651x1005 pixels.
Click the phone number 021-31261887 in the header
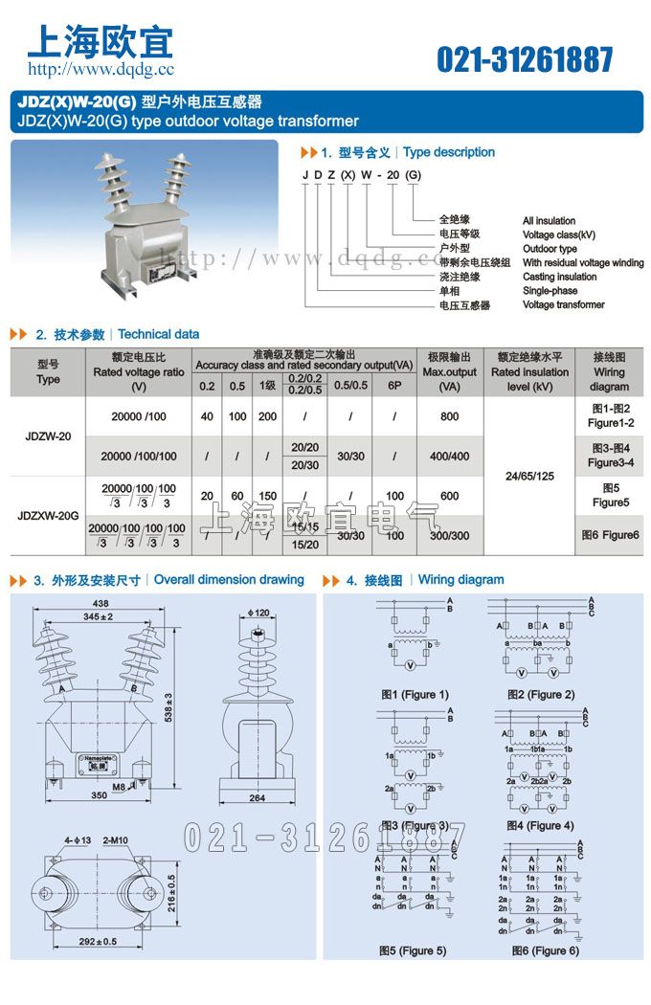[525, 59]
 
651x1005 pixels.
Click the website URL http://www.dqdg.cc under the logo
[101, 69]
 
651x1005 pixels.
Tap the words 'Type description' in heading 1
[449, 152]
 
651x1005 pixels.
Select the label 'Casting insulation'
[560, 277]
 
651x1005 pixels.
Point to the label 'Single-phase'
[550, 291]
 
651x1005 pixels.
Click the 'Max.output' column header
[449, 372]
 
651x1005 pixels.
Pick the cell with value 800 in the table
[449, 416]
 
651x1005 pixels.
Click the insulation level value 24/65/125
[528, 476]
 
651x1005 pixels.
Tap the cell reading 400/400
[449, 457]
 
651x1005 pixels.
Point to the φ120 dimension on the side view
[258, 612]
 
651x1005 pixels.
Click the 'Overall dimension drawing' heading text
[229, 580]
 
